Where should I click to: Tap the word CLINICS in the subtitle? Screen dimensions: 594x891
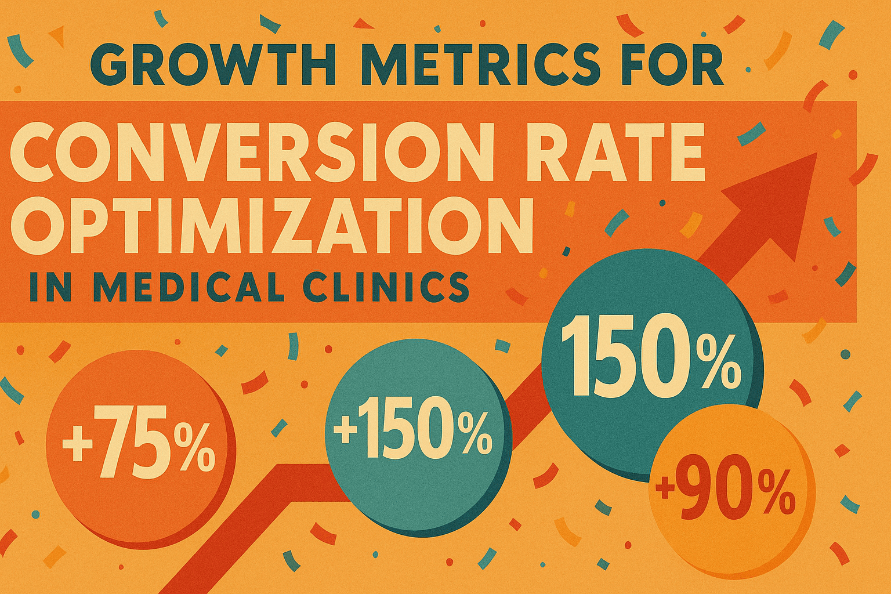click(383, 287)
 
